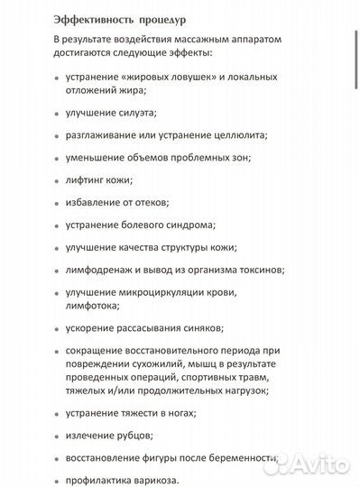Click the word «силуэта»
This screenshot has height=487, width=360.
click(x=137, y=113)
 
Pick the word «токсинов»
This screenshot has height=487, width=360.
click(x=260, y=270)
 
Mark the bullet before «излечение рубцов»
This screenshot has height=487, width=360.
click(x=58, y=436)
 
